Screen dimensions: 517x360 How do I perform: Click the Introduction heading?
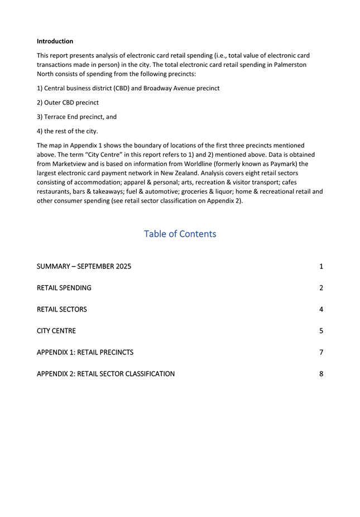point(55,41)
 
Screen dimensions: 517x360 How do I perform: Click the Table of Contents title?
point(180,234)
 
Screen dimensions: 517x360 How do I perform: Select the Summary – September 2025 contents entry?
point(84,266)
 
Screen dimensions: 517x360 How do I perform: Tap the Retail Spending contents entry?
point(64,288)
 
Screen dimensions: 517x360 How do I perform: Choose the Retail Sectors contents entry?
point(61,309)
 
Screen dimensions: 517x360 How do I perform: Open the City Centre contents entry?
point(56,331)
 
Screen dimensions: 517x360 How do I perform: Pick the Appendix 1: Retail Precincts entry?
point(85,352)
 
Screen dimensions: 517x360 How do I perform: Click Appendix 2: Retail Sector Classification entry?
point(105,374)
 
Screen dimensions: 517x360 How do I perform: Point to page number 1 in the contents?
point(321,266)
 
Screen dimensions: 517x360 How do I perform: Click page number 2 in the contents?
point(321,288)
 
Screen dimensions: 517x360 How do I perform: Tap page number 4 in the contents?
point(321,309)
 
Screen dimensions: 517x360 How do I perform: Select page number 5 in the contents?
point(321,331)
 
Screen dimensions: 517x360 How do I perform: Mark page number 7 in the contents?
point(321,352)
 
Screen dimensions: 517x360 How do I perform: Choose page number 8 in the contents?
point(321,374)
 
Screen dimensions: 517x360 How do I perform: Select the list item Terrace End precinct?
point(76,117)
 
